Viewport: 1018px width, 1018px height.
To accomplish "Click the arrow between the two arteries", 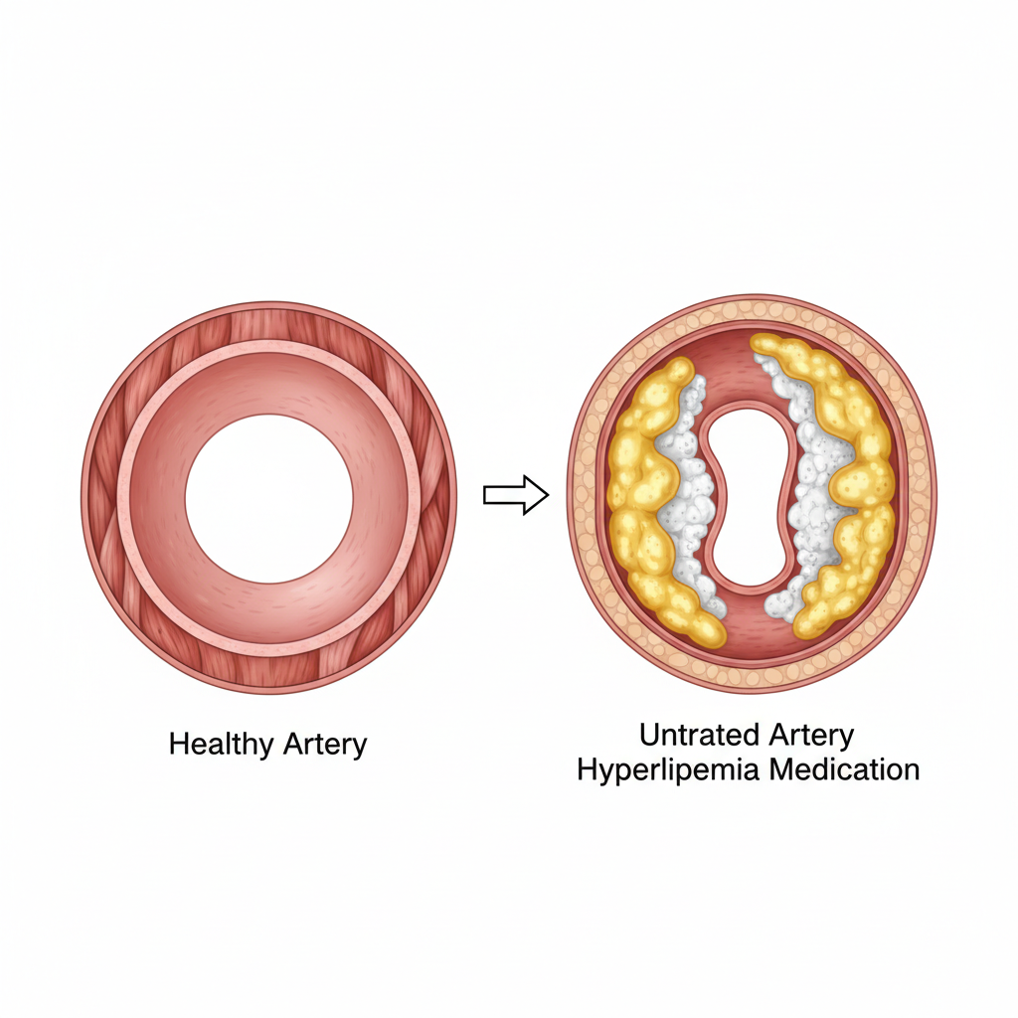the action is tap(515, 494).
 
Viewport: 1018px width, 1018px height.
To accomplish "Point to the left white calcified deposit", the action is tap(690, 497).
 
